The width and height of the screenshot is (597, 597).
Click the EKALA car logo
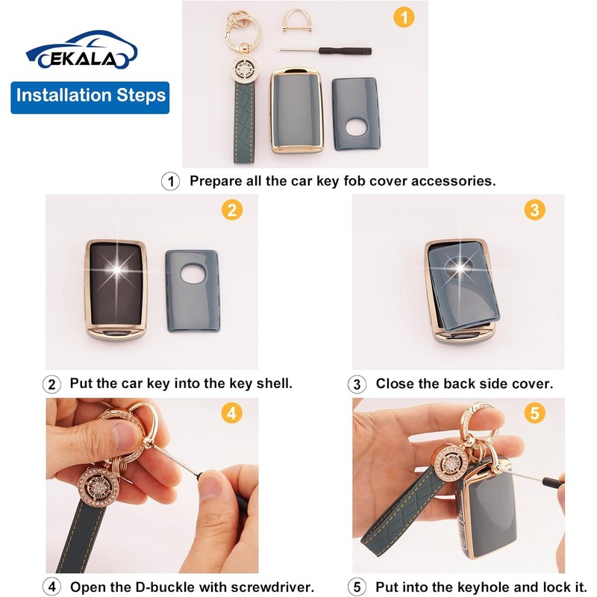[81, 50]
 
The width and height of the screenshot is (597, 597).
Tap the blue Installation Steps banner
[90, 98]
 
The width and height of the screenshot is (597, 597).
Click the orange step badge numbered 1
[404, 17]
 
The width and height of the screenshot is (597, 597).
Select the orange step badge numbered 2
[232, 210]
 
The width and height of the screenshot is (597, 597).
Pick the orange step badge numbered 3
[534, 210]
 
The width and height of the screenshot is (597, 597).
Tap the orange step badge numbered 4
[231, 413]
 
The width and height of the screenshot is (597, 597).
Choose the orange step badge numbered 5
[534, 413]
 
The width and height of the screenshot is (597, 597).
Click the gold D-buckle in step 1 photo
[297, 21]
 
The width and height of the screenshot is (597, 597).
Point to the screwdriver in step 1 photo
[325, 51]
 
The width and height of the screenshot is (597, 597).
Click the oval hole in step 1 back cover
[357, 127]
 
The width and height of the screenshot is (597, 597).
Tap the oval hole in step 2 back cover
[193, 273]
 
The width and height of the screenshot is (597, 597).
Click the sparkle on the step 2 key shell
[117, 269]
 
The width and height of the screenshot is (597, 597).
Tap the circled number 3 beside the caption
[357, 384]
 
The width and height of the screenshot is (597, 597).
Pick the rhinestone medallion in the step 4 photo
[99, 487]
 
